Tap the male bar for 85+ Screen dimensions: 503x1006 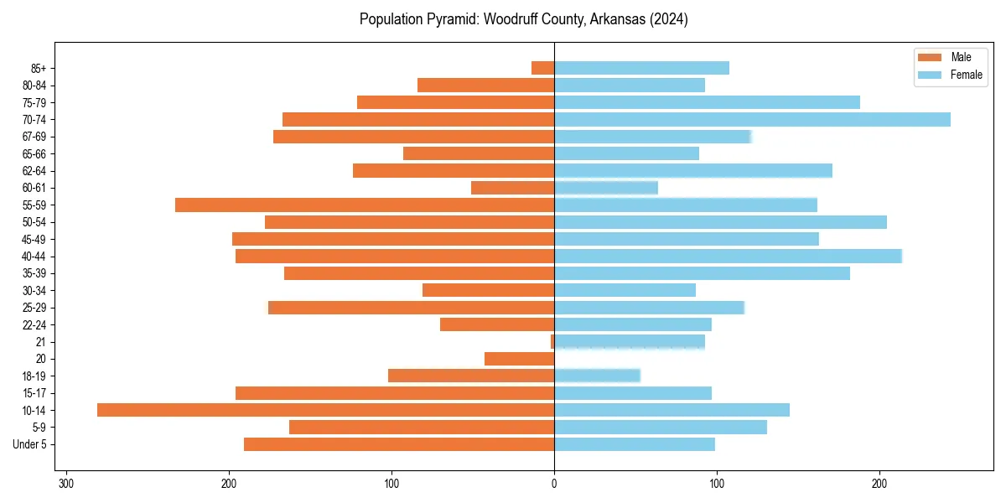coord(542,68)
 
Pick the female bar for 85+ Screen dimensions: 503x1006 coord(641,68)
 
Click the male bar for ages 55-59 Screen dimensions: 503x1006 coord(365,205)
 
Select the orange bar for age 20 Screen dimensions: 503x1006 coord(519,359)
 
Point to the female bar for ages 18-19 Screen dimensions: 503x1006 coord(597,376)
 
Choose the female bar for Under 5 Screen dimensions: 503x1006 coord(635,444)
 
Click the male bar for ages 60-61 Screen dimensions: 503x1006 coord(512,188)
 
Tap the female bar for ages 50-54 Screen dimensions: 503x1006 coord(720,222)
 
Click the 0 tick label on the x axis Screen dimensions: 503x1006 coord(554,484)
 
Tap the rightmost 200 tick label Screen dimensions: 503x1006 coord(879,484)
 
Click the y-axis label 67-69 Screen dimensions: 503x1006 coord(34,137)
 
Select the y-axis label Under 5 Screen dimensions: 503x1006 coord(30,444)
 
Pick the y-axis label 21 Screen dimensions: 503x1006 coord(41,342)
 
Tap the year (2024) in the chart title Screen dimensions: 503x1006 coord(669,19)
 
